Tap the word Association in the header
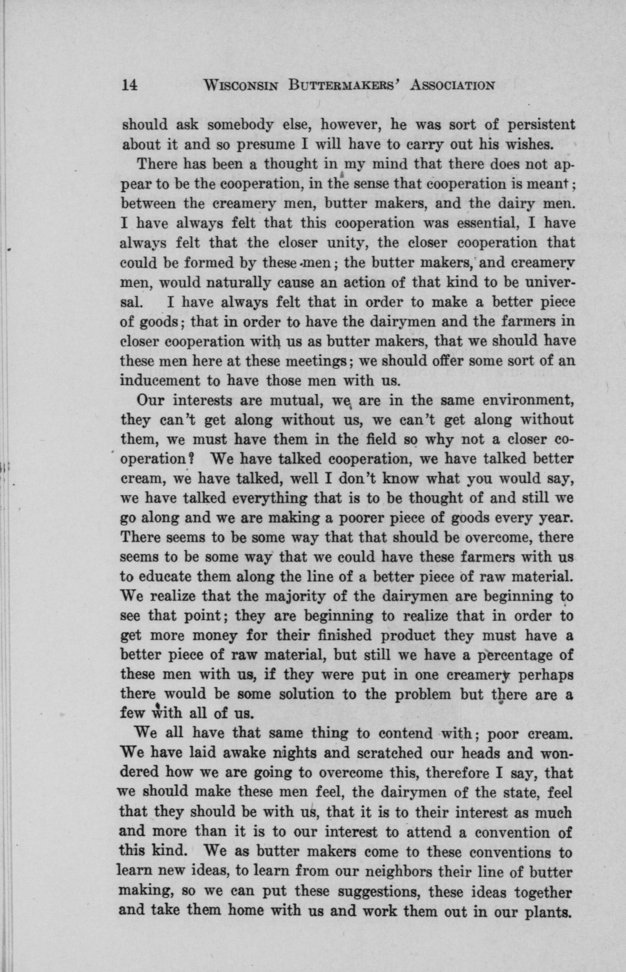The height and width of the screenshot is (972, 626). (453, 86)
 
